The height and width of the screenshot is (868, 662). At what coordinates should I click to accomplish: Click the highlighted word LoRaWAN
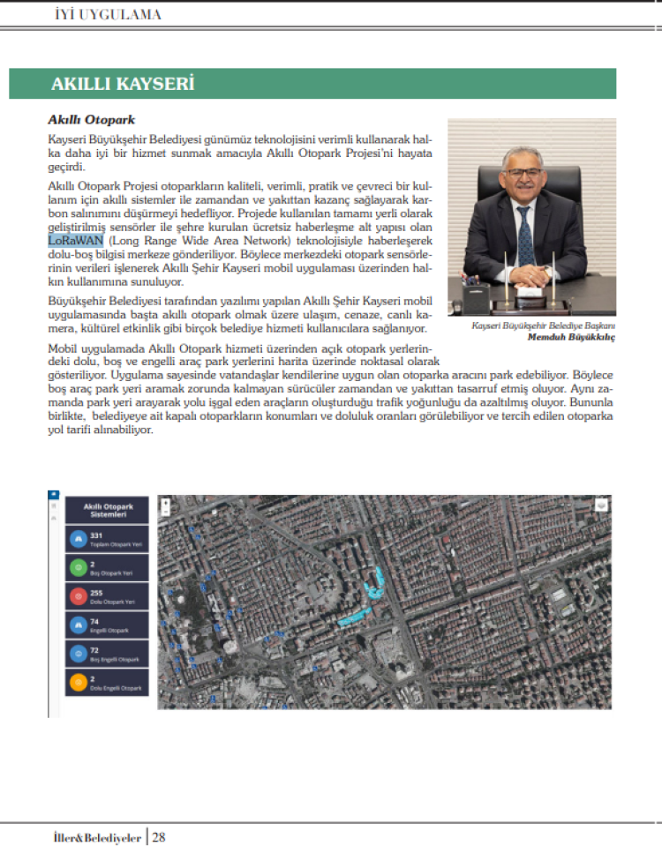76,240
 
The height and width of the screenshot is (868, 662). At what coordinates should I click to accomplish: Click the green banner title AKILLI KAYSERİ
123,85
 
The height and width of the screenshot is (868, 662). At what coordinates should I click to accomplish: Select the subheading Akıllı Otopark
91,119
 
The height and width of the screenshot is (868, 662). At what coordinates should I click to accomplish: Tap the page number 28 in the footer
159,837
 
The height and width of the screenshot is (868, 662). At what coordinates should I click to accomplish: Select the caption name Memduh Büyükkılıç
571,337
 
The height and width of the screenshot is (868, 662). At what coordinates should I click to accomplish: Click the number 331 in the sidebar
97,535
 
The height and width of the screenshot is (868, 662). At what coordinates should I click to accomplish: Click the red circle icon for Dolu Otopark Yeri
77,596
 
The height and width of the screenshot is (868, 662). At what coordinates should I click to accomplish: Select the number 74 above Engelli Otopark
94,621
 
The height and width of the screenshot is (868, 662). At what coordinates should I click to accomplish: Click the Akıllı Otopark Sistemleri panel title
107,511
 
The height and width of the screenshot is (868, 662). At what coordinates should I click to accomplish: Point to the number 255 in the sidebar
97,593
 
